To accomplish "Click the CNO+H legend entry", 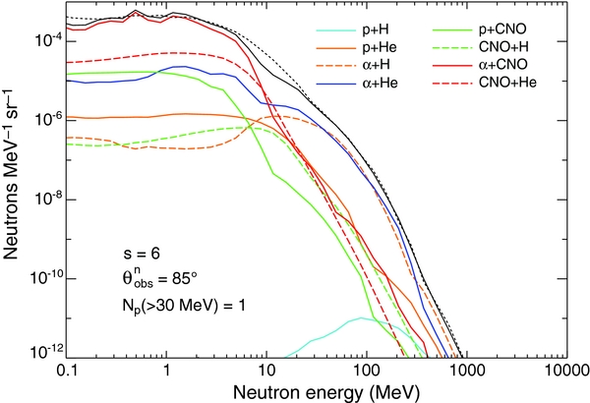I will click(501, 47).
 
